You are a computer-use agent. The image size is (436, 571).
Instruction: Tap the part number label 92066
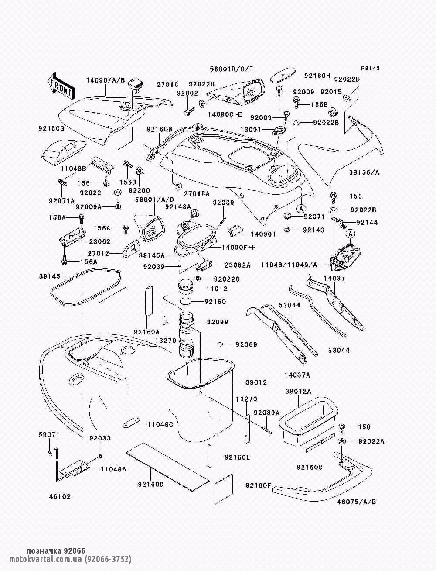pyautogui.click(x=246, y=344)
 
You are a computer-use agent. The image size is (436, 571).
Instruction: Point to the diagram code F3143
pyautogui.click(x=370, y=69)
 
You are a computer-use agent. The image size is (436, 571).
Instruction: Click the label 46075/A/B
pyautogui.click(x=357, y=502)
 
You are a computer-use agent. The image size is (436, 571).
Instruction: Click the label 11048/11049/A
pyautogui.click(x=289, y=265)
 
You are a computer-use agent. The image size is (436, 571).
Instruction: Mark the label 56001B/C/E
pyautogui.click(x=231, y=69)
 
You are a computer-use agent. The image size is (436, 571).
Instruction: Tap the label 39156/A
pyautogui.click(x=364, y=172)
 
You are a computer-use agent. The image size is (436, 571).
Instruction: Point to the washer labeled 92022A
pyautogui.click(x=342, y=441)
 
